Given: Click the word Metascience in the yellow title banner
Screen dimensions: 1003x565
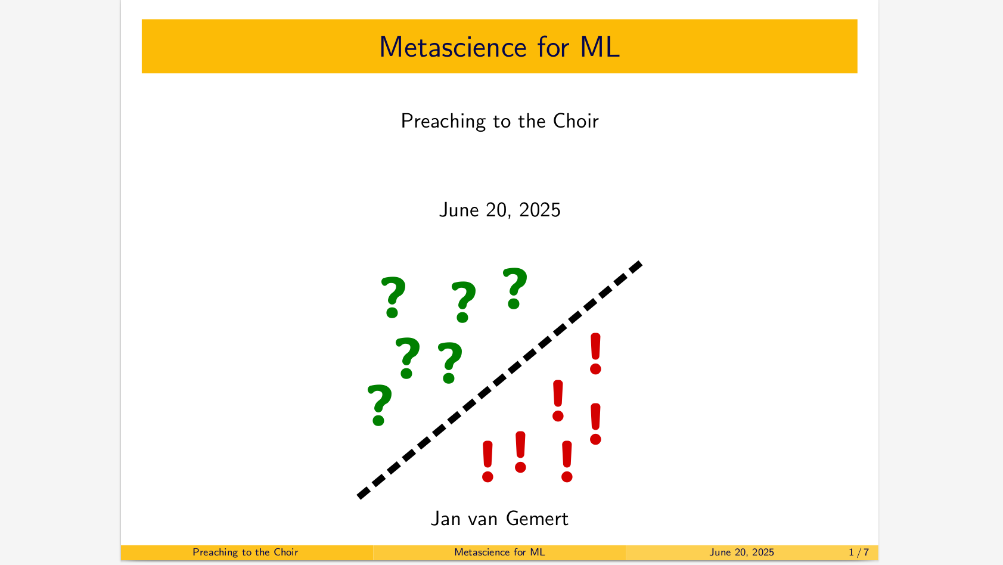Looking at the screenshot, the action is (453, 46).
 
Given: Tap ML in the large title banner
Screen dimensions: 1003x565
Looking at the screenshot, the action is (600, 46).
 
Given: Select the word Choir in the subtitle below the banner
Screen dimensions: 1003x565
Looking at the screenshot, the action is (576, 121).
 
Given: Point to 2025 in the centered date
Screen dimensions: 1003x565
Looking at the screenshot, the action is (539, 210).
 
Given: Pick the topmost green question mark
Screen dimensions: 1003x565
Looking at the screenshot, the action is (515, 288).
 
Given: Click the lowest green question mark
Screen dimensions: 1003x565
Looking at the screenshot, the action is (380, 405).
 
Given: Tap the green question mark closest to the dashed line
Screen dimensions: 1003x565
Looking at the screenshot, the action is (450, 362).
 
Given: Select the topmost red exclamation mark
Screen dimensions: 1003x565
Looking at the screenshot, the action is (595, 353).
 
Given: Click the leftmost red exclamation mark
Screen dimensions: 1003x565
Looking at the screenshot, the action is (487, 461).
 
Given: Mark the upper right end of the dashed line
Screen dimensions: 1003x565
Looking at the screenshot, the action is (640, 263).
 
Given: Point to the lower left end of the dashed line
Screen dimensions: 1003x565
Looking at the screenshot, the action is (359, 496).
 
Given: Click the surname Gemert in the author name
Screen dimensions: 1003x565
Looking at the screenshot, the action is (537, 519).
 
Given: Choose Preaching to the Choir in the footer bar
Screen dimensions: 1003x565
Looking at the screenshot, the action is (246, 552).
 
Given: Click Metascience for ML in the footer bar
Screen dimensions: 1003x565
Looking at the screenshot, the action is (499, 552).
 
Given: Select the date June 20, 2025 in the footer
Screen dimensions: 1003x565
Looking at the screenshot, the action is (742, 552).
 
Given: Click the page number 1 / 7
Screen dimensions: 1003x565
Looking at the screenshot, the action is (859, 552).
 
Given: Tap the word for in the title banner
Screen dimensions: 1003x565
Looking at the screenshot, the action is (554, 46).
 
